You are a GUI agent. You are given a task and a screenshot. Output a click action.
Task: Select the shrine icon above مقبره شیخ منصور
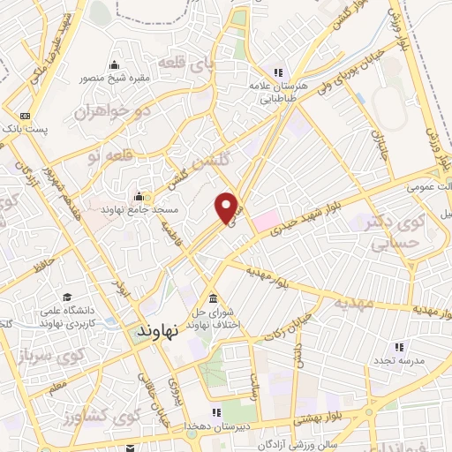[114, 64]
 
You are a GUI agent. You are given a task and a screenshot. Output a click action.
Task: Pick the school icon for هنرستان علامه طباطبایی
[278, 73]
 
